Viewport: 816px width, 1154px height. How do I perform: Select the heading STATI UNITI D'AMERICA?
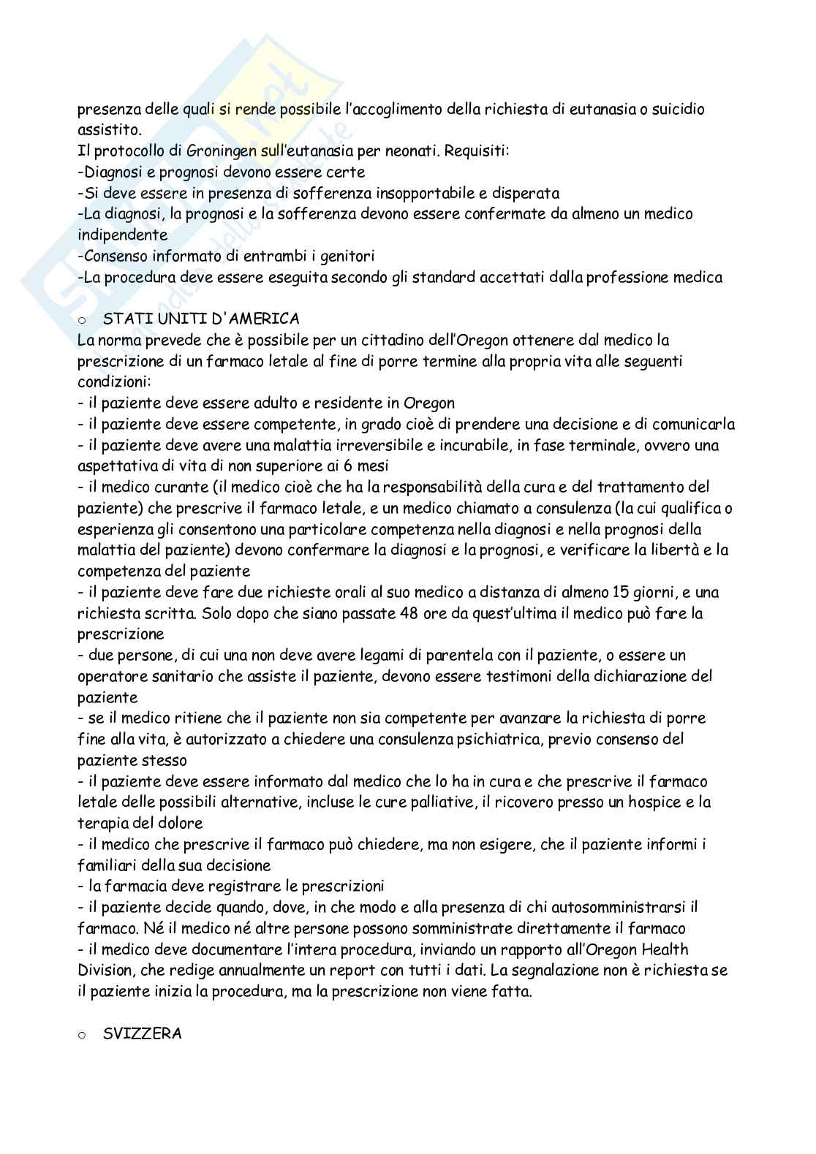(202, 319)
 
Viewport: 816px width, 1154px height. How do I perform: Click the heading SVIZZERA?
(143, 1034)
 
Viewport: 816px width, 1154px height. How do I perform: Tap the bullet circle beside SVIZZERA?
(81, 1035)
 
